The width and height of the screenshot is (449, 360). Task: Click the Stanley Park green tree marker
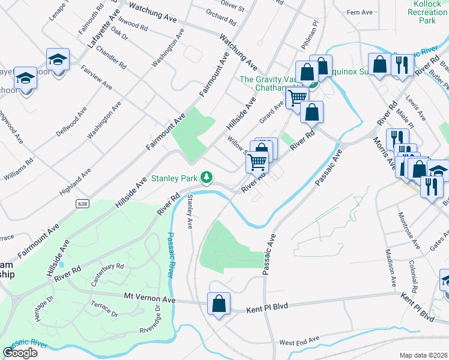click(x=206, y=177)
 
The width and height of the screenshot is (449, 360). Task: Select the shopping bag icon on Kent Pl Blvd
click(x=219, y=303)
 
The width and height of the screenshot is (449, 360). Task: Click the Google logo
click(x=20, y=353)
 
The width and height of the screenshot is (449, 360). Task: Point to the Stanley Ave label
click(x=190, y=212)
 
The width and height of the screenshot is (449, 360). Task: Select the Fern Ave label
click(x=360, y=12)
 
